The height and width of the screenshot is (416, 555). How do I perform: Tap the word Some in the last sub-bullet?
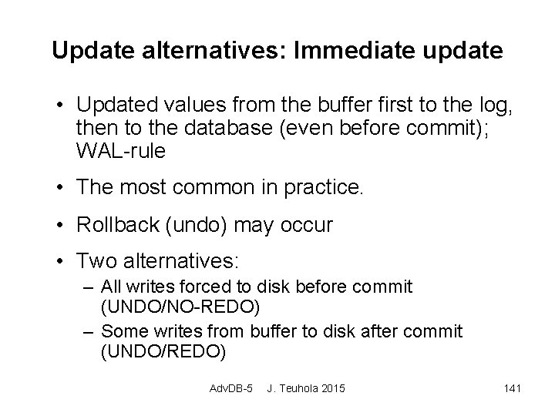click(120, 331)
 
